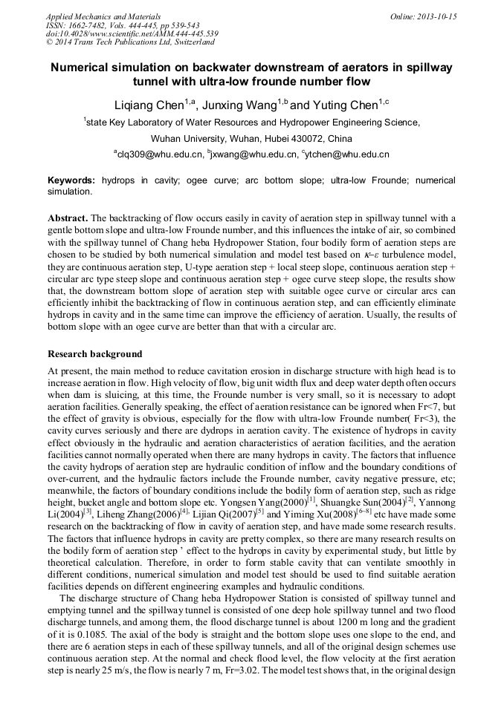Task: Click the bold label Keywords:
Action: pos(71,180)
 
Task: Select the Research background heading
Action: pos(94,354)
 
